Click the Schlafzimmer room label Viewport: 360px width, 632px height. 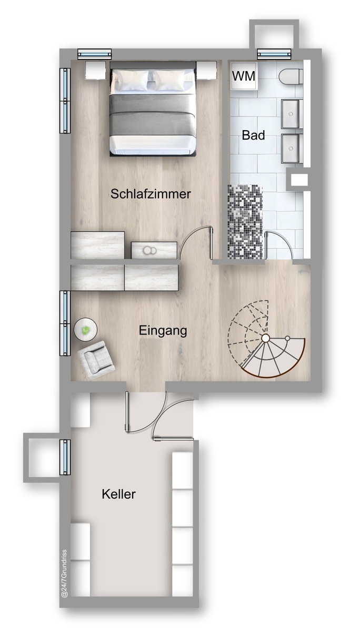coord(151,194)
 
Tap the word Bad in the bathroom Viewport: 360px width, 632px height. coord(253,135)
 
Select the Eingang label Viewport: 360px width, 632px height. coord(163,331)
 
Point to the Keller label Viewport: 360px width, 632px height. coord(119,494)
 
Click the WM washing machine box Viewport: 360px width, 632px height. coord(244,76)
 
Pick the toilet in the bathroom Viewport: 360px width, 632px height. coord(291,76)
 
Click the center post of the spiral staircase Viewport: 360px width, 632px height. coord(265,338)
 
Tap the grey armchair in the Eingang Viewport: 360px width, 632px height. coord(96,360)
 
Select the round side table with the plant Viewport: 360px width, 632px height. coord(85,330)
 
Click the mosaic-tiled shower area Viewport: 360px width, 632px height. coord(245,222)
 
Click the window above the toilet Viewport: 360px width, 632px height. coord(274,54)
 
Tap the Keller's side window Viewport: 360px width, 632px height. coord(65,457)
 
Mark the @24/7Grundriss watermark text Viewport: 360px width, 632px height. coord(65,574)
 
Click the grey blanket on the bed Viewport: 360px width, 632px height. coord(153,115)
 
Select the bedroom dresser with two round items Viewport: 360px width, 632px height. coord(154,250)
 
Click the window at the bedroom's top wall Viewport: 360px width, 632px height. coord(94,54)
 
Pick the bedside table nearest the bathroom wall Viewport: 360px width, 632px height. coord(207,71)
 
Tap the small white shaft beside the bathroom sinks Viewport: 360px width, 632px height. coord(299,180)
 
